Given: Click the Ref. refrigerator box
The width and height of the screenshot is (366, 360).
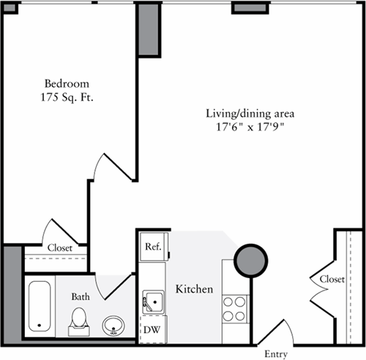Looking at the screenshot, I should point(153,247).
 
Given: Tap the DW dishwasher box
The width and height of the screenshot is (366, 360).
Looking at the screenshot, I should point(152,329).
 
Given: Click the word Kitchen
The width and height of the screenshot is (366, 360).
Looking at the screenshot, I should point(195,290).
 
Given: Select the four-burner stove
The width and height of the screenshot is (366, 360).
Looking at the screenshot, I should point(234,307).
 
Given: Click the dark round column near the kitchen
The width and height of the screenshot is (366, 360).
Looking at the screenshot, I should point(251,259).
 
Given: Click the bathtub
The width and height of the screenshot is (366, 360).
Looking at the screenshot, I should point(37,307).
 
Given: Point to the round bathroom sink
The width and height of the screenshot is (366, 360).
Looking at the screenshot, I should point(113,324).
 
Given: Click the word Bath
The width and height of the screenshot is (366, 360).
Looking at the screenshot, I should point(80,297).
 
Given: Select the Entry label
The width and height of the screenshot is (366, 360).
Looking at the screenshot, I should point(276,354).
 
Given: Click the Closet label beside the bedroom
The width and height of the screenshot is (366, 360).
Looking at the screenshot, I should point(59,248).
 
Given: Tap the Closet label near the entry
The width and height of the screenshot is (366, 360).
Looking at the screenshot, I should point(332,279).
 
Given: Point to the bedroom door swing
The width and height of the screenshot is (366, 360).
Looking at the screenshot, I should point(110,168).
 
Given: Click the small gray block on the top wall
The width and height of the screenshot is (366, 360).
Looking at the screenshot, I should point(242,7).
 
